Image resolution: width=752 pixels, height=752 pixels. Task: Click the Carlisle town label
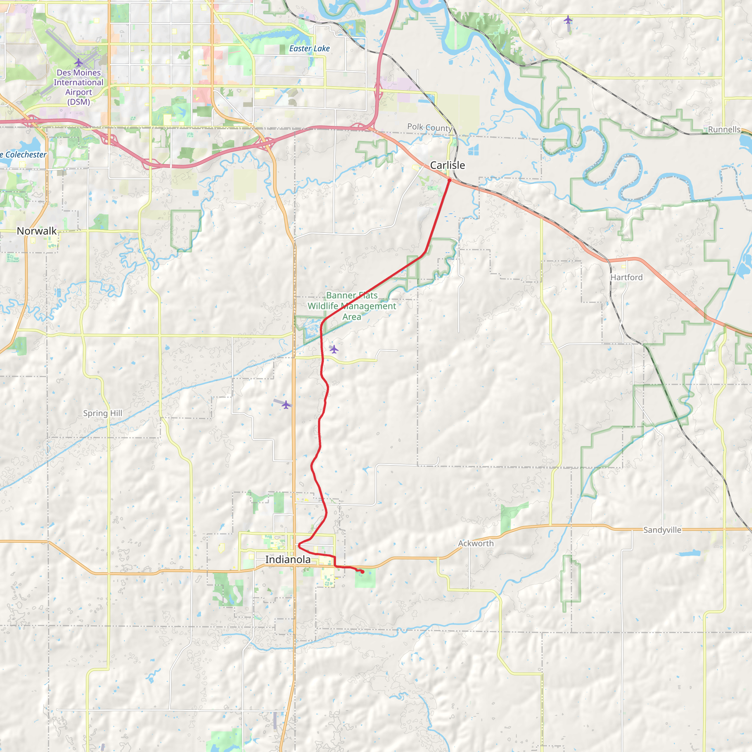pyautogui.click(x=447, y=166)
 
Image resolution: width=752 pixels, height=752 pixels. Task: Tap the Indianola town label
pyautogui.click(x=288, y=559)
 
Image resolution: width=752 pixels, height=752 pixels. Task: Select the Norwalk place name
pyautogui.click(x=37, y=231)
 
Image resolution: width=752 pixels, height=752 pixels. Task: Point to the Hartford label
pyautogui.click(x=626, y=277)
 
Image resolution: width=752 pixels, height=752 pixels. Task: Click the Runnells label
pyautogui.click(x=724, y=129)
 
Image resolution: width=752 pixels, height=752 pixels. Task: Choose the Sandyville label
pyautogui.click(x=662, y=530)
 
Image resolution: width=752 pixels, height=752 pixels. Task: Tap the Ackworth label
pyautogui.click(x=476, y=543)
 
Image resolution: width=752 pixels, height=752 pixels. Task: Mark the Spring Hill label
pyautogui.click(x=102, y=413)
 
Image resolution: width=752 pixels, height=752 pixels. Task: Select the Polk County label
pyautogui.click(x=429, y=127)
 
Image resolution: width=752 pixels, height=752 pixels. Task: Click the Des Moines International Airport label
pyautogui.click(x=79, y=87)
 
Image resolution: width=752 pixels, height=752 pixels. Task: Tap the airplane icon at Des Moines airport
pyautogui.click(x=79, y=62)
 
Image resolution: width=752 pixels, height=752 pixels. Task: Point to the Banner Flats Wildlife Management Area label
pyautogui.click(x=352, y=306)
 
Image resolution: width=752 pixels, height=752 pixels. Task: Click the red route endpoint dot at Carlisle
pyautogui.click(x=449, y=180)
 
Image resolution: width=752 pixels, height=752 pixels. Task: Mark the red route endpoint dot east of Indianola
pyautogui.click(x=362, y=572)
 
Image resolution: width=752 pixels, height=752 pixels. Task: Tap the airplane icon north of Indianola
pyautogui.click(x=286, y=405)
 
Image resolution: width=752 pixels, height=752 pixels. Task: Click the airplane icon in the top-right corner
pyautogui.click(x=568, y=19)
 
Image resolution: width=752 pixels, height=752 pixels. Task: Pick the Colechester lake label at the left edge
pyautogui.click(x=24, y=155)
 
